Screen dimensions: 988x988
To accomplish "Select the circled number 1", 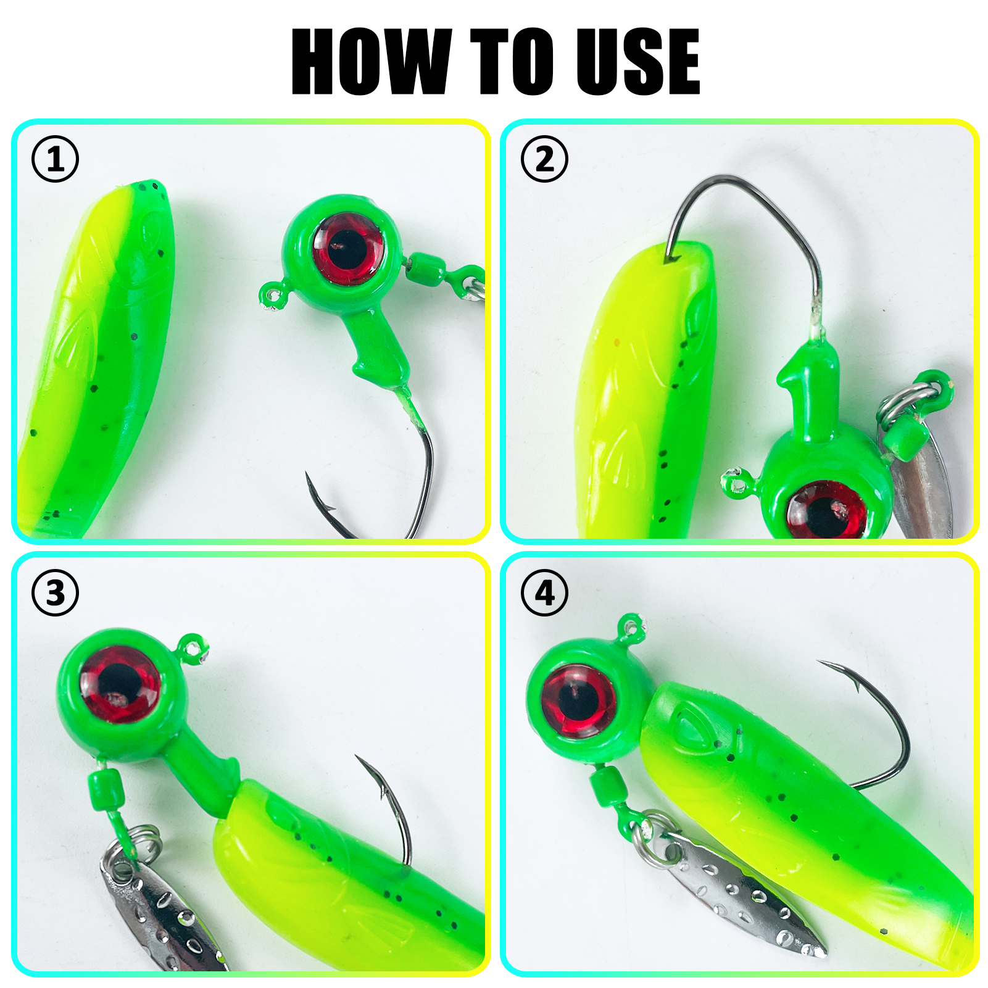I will click(x=56, y=159).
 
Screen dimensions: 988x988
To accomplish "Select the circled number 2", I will click(x=544, y=159).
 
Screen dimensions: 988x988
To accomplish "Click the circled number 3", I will click(x=56, y=593).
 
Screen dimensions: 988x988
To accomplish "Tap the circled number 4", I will click(x=544, y=593).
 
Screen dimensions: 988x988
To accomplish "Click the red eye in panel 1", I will click(x=347, y=249).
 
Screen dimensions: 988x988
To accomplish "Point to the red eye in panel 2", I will click(x=826, y=510).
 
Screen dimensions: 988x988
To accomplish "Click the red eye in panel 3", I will click(x=120, y=684).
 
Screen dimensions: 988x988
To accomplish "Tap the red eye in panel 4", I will click(x=578, y=700).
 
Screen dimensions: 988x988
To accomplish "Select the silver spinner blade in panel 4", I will click(x=741, y=889).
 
